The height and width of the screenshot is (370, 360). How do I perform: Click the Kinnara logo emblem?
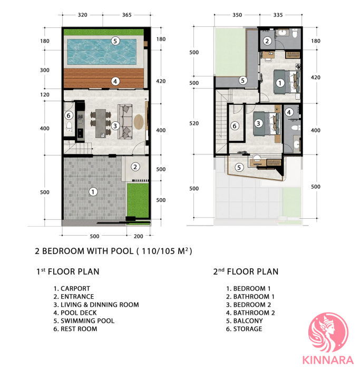tap(328, 332)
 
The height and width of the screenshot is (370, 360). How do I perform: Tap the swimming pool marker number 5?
tap(115, 41)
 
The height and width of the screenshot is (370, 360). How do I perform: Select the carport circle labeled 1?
tap(93, 192)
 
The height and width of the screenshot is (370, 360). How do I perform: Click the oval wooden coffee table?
tap(139, 122)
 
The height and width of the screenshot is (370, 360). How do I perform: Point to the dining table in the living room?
tap(101, 123)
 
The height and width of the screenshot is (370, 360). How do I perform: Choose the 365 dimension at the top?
tap(127, 15)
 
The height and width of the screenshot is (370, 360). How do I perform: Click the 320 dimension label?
tap(83, 15)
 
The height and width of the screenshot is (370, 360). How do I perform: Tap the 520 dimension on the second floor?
tap(194, 123)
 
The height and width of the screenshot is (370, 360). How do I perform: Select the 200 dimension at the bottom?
tap(139, 236)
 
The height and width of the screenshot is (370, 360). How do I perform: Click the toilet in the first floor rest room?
tap(69, 126)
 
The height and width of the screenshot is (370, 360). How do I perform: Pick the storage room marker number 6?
tap(235, 126)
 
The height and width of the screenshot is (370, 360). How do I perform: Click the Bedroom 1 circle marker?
tap(280, 83)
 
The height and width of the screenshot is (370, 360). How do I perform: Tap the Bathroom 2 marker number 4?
tap(289, 112)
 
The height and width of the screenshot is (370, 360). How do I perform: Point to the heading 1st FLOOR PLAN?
tap(67, 271)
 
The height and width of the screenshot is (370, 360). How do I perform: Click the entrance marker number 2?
tap(135, 167)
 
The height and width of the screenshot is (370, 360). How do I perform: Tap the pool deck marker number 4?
tap(115, 82)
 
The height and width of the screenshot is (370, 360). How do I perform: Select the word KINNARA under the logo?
tap(328, 361)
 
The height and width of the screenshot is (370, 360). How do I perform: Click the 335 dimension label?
tap(278, 15)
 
